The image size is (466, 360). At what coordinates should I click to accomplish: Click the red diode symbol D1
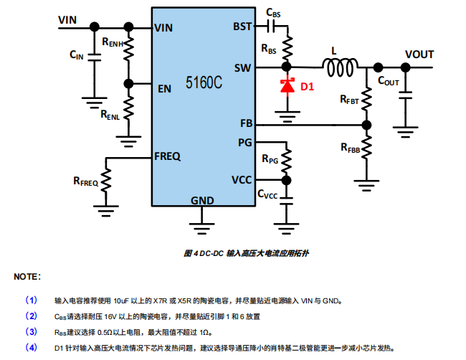288,86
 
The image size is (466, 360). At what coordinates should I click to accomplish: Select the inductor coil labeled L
340,68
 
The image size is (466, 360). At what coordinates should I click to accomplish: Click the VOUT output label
419,55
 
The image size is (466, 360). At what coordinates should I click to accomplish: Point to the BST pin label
242,27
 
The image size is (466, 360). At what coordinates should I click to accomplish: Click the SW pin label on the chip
242,68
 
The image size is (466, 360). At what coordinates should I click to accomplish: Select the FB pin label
245,124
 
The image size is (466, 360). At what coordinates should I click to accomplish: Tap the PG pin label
244,142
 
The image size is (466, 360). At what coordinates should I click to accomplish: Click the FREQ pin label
167,156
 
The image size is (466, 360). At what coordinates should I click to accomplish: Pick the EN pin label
164,89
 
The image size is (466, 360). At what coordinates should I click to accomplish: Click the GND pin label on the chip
201,200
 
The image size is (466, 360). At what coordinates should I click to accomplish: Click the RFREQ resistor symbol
106,180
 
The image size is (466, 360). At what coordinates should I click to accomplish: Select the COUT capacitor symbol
405,93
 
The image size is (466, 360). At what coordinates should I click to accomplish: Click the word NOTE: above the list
27,276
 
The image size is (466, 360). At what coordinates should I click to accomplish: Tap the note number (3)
32,331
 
